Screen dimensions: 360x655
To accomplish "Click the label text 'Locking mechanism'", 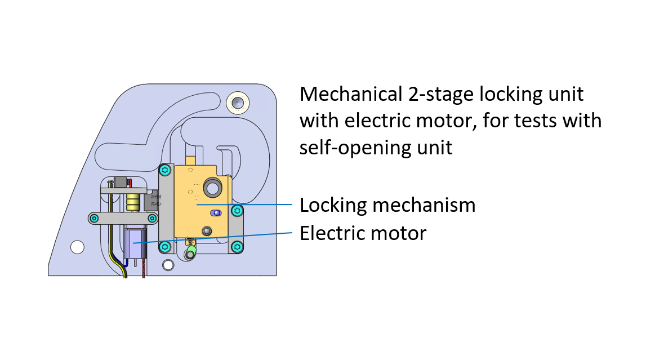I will tap(387, 205).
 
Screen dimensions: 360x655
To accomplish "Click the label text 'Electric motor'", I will tap(363, 233).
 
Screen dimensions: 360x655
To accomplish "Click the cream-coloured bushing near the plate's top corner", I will tap(238, 103).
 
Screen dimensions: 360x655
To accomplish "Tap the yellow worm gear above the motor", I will tap(133, 202).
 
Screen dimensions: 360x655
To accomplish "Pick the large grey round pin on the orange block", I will tap(213, 188).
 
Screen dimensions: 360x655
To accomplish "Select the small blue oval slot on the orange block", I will tap(215, 213).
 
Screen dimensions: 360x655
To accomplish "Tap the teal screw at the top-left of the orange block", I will tap(165, 170).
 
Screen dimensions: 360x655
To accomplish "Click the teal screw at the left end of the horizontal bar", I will tap(95, 217).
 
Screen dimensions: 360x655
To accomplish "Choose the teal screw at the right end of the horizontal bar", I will tap(152, 218).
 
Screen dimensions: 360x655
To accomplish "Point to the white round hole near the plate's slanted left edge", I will tap(77, 246).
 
